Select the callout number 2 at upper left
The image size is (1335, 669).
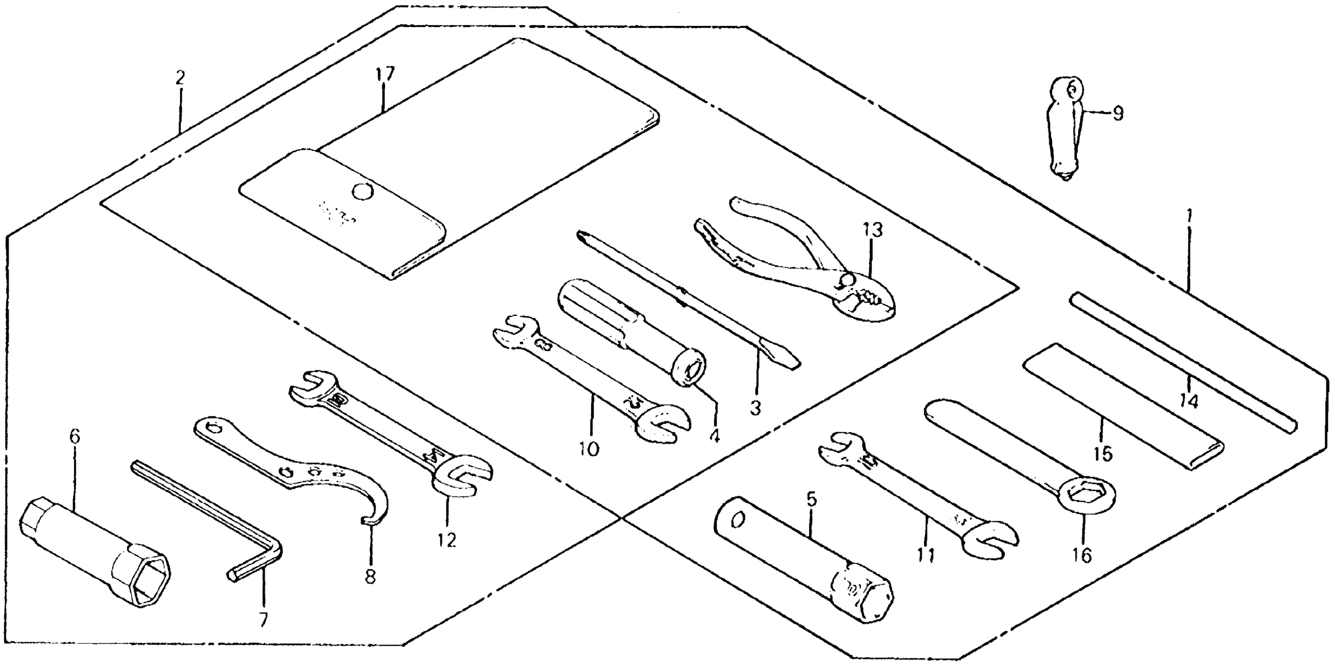[x=180, y=78]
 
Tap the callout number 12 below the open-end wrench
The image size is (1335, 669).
[x=446, y=540]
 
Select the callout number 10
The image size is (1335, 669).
[x=589, y=449]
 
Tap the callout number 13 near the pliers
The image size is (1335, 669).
[x=873, y=230]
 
